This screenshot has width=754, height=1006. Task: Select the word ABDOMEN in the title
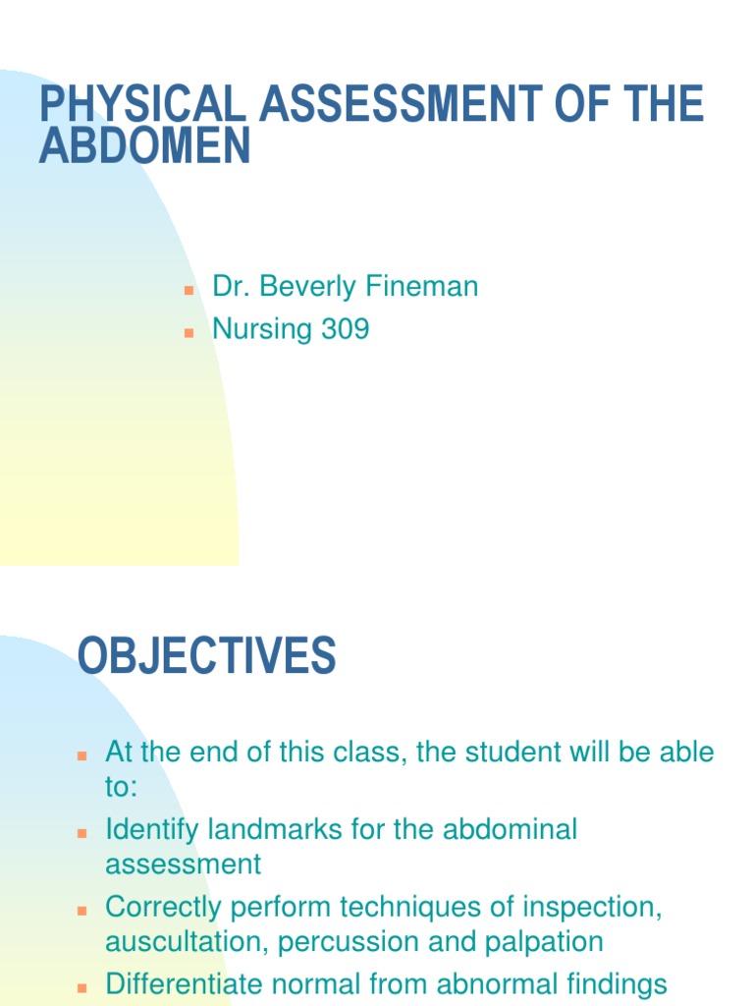[145, 146]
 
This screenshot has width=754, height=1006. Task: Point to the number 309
[345, 329]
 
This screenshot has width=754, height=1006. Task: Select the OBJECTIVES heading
[206, 656]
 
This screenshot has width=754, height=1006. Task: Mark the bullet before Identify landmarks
[82, 833]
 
